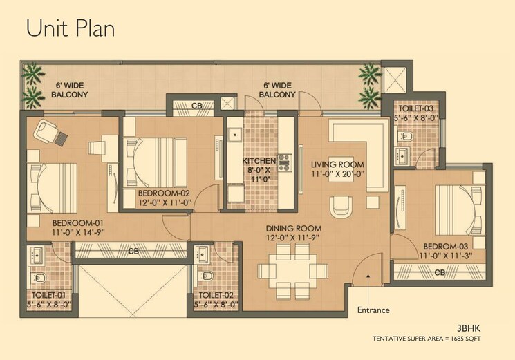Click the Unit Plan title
pos(71,28)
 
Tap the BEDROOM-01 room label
pos(79,223)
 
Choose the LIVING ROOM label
pos(337,164)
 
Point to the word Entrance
pos(374,310)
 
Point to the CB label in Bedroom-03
pos(440,272)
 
